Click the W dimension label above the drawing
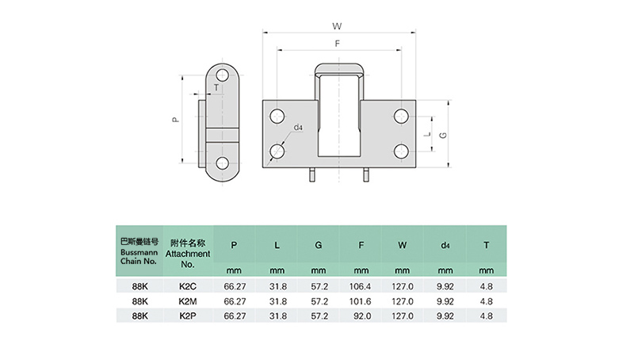[x=338, y=25]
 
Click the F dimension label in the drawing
[x=338, y=44]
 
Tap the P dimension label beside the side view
[x=175, y=120]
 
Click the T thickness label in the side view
[x=216, y=88]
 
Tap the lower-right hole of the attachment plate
[x=401, y=151]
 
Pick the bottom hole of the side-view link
[x=222, y=165]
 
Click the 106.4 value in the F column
[x=361, y=287]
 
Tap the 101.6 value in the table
[x=361, y=301]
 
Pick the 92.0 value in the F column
[x=361, y=316]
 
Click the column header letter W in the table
[x=403, y=245]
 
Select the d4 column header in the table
[x=445, y=245]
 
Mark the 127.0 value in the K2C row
[x=403, y=287]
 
